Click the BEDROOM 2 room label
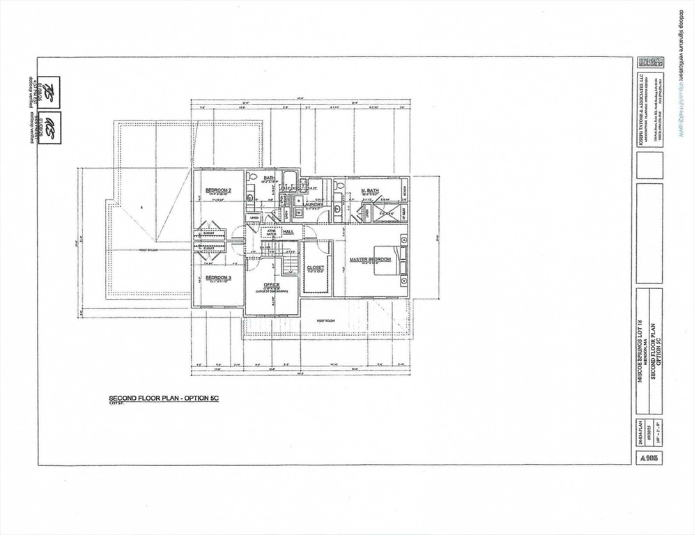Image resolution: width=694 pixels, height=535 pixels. [218, 190]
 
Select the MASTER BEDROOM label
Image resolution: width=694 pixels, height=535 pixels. [370, 260]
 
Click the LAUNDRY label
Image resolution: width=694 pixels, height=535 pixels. [312, 204]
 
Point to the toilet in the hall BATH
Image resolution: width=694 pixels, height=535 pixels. [252, 178]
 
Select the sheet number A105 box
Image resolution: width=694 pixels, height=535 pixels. [648, 458]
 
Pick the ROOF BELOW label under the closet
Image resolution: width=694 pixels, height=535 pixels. [327, 322]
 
